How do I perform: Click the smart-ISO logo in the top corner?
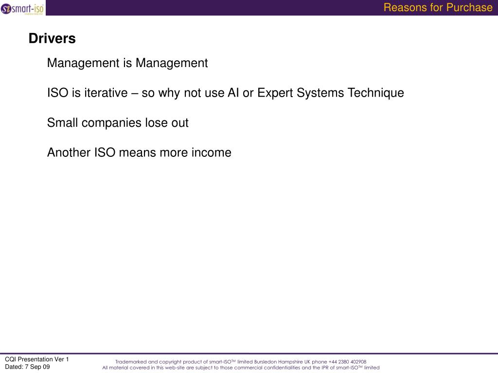22,8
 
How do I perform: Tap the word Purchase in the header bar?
470,7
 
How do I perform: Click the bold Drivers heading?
52,38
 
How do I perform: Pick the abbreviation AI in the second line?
233,93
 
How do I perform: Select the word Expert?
275,93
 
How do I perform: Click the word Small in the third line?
63,123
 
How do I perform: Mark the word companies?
111,123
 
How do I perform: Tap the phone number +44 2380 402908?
347,362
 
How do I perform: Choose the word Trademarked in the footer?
130,362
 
